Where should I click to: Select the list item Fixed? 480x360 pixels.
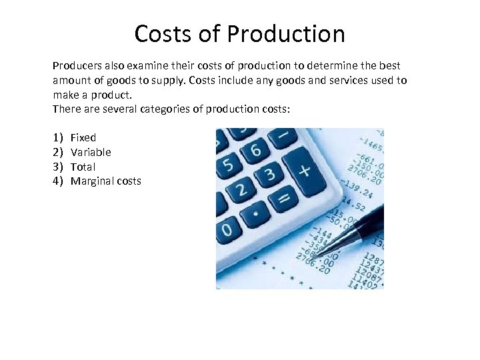[x=83, y=137]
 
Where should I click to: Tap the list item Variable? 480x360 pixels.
[x=91, y=152]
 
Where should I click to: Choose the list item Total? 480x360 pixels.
[x=83, y=167]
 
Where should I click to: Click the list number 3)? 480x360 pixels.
[x=57, y=167]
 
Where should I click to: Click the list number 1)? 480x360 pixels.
[x=57, y=137]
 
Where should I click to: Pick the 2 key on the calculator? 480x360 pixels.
[x=241, y=190]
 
